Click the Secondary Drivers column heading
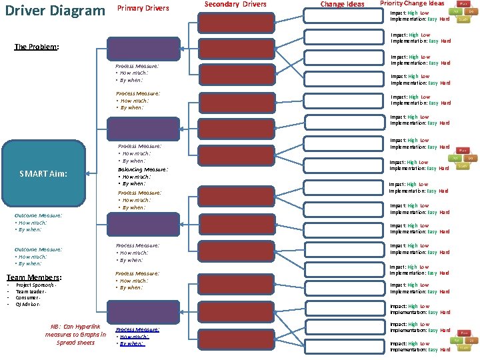point(235,5)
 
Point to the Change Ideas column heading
point(342,5)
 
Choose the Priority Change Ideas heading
point(412,4)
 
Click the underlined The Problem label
point(37,47)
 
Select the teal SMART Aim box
point(44,173)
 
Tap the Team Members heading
point(34,277)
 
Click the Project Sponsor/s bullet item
point(36,285)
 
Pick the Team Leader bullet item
point(31,291)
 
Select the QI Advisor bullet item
point(29,305)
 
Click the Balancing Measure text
point(138,170)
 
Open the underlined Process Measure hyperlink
point(137,329)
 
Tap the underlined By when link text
point(133,344)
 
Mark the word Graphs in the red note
point(87,335)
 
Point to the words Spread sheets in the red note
point(75,343)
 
